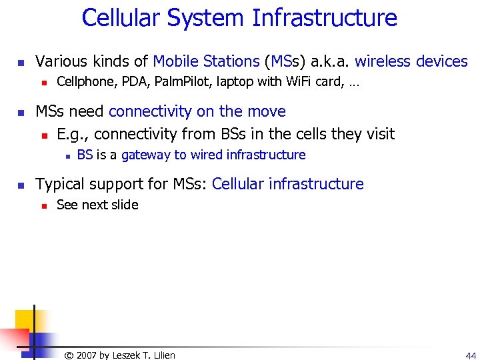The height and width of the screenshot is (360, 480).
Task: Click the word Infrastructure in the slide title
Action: point(325,18)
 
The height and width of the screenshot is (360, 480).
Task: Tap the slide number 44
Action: point(471,355)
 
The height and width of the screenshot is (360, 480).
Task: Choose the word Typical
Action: point(61,184)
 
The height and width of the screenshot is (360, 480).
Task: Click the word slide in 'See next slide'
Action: point(125,205)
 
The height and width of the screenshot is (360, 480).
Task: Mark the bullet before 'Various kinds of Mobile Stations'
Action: point(21,63)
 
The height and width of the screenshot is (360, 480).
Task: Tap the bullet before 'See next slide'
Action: point(42,206)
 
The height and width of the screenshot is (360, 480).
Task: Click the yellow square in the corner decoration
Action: point(25,319)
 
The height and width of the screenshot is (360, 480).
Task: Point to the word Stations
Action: point(231,62)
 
